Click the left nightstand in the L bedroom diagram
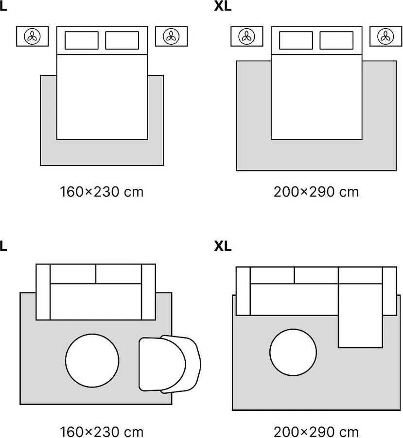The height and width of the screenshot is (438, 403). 33,36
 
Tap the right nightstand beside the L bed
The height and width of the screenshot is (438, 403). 171,36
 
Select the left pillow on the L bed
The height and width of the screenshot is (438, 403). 81,40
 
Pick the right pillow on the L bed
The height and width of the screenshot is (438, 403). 122,40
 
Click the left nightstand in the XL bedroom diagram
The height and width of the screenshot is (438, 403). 246,36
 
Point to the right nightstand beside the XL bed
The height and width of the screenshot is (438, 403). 385,36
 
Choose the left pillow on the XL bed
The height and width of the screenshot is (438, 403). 296,40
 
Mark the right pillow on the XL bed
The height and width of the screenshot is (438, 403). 336,40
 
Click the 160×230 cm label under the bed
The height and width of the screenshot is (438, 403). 102,192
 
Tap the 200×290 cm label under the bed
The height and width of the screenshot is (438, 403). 316,192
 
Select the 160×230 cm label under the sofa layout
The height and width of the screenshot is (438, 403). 102,431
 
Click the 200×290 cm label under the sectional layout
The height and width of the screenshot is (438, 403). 316,431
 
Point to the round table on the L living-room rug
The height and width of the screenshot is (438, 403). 92,360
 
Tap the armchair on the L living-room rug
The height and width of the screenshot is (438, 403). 170,364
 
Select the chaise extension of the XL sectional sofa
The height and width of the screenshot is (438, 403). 360,320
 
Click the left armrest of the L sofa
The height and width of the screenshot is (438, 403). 43,291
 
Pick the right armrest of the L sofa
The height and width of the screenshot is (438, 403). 148,291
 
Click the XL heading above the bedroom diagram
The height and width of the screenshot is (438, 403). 223,7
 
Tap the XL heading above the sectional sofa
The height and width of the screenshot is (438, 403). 223,247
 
